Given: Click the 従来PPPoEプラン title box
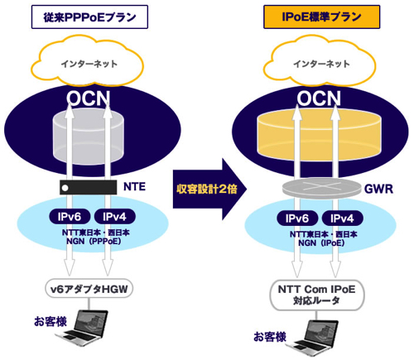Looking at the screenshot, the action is tap(89, 17).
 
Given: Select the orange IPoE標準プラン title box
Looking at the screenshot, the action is tap(322, 17).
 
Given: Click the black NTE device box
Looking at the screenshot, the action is tap(89, 188).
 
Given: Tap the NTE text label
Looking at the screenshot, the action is tap(134, 187).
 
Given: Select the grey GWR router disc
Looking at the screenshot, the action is tap(322, 188).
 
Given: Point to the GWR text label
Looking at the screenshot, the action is tap(378, 190).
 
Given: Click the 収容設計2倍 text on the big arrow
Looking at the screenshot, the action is tap(207, 189).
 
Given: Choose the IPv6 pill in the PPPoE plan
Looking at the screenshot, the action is tap(70, 217).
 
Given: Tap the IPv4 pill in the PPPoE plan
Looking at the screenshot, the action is tap(115, 217).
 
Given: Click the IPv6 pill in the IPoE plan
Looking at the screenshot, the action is tap(297, 218).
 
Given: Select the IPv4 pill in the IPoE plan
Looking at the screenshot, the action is tap(342, 218).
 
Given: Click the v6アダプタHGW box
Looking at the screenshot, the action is tap(89, 289).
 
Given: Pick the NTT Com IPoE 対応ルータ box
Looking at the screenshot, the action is tap(317, 295).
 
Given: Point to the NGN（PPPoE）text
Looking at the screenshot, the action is tap(94, 242).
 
